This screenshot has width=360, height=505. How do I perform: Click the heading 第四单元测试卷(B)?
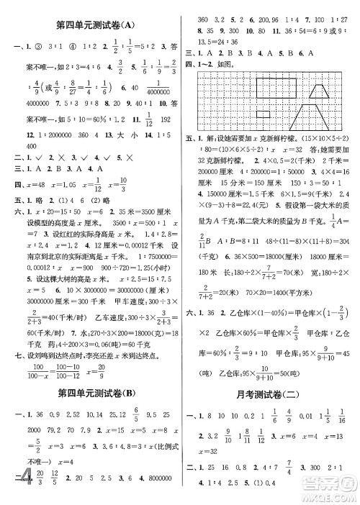coord(95,392)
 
